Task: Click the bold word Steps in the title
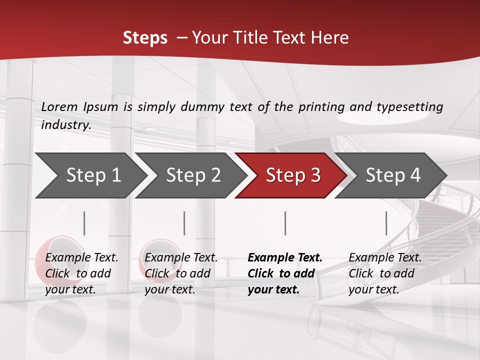coord(145,38)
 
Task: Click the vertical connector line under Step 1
coord(84,223)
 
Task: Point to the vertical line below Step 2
coord(184,223)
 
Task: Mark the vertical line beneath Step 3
coord(285,223)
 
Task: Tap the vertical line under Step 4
coord(386,223)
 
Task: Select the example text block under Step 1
coord(81,273)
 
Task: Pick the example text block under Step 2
coord(181,273)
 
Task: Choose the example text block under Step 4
coord(385,273)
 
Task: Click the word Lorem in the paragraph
coord(59,106)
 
